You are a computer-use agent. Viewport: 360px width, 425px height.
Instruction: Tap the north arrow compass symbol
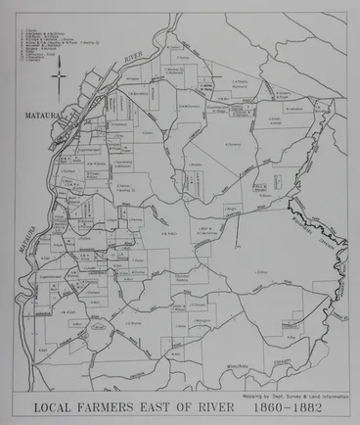(x=58, y=76)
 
